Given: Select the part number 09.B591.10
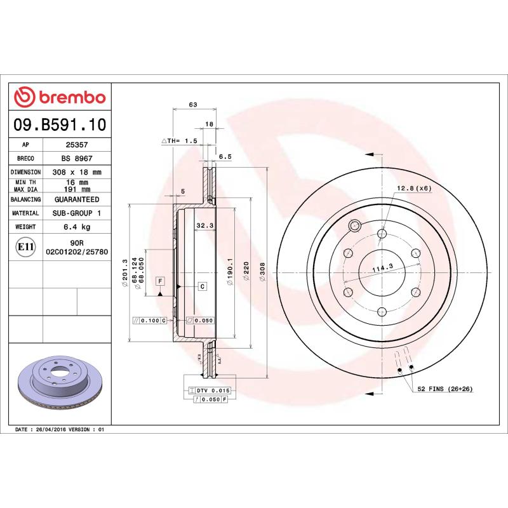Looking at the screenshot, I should [x=60, y=125].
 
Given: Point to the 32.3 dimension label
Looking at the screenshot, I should [x=204, y=225].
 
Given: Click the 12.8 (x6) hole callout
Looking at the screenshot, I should [x=414, y=189].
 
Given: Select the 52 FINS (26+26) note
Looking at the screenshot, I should [x=445, y=388].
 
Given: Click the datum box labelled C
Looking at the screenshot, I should [x=202, y=286].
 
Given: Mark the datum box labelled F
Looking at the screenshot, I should [x=160, y=281].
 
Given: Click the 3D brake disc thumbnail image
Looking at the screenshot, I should [x=60, y=383].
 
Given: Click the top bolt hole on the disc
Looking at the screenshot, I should [x=381, y=234].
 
